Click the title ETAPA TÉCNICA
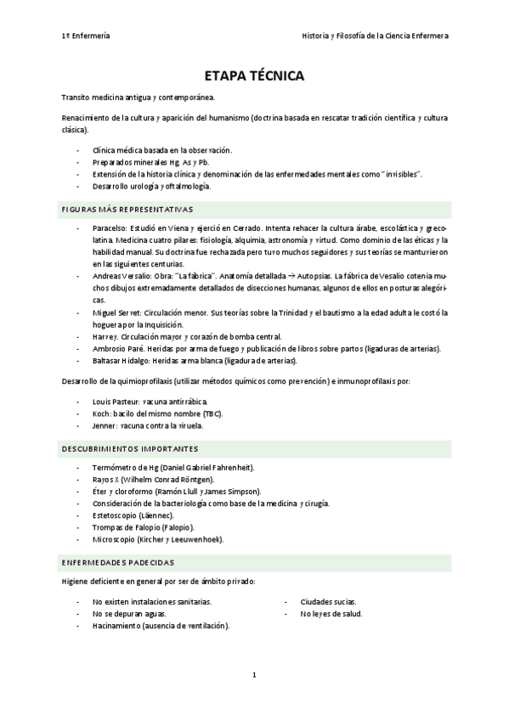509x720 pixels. [x=255, y=76]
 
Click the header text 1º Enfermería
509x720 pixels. [x=86, y=36]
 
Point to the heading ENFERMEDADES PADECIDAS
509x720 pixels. [x=118, y=562]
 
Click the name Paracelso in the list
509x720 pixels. [x=111, y=228]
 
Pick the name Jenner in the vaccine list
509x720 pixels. [x=104, y=425]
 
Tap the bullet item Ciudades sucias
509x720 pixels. [x=328, y=601]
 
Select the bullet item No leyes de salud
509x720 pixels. [x=331, y=613]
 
